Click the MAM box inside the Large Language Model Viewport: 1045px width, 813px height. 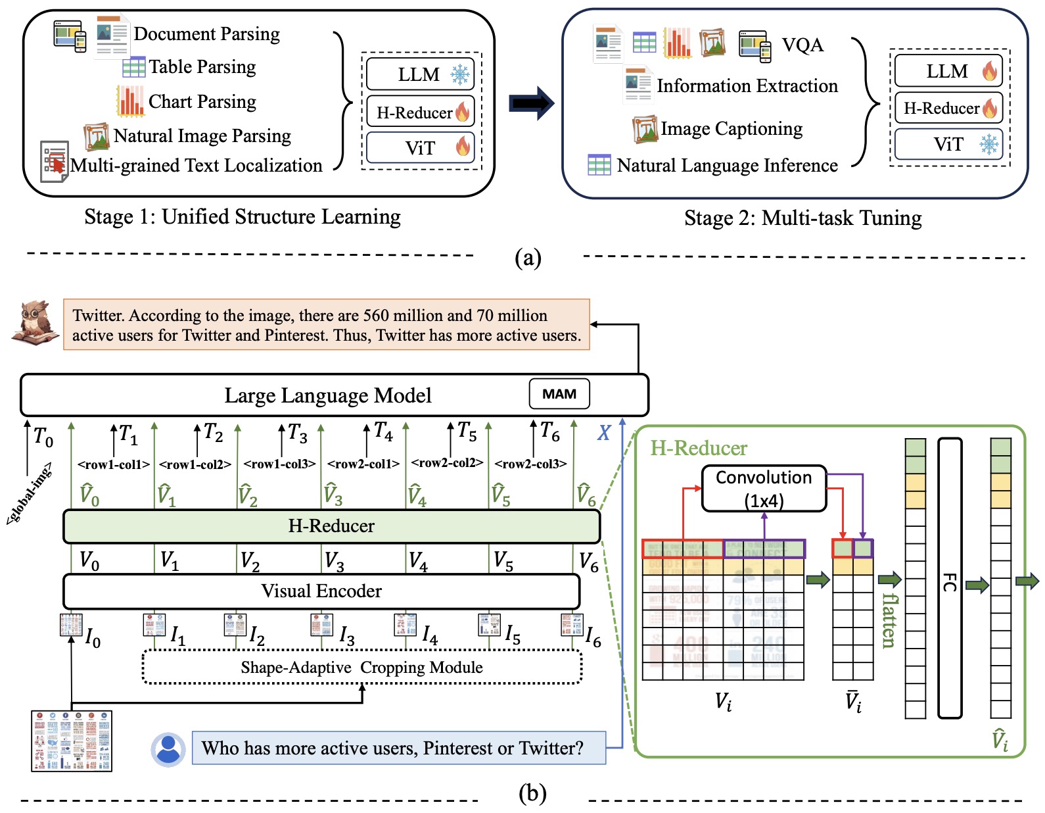tap(559, 394)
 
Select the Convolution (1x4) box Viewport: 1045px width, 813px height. tap(764, 488)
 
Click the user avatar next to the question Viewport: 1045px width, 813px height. tap(168, 749)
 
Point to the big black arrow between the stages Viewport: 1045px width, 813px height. tap(532, 103)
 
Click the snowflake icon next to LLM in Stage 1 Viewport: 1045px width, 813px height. tap(460, 74)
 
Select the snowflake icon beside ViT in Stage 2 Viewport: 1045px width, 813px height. tap(988, 144)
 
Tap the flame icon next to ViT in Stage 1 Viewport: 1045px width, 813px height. tap(463, 147)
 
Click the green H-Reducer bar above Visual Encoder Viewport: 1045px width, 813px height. tap(331, 526)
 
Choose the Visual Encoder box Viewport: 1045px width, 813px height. tap(321, 591)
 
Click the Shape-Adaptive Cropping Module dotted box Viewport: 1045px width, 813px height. tap(362, 668)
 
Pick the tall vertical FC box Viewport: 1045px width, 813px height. tap(950, 579)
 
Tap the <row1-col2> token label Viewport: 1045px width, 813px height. tap(195, 464)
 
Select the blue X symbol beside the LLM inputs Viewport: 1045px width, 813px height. tap(604, 433)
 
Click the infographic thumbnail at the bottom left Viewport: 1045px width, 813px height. tap(72, 741)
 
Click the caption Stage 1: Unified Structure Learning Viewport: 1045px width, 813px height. tap(243, 217)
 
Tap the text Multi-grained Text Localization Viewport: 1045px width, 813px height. tap(197, 165)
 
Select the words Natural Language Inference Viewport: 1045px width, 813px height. tap(727, 165)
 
